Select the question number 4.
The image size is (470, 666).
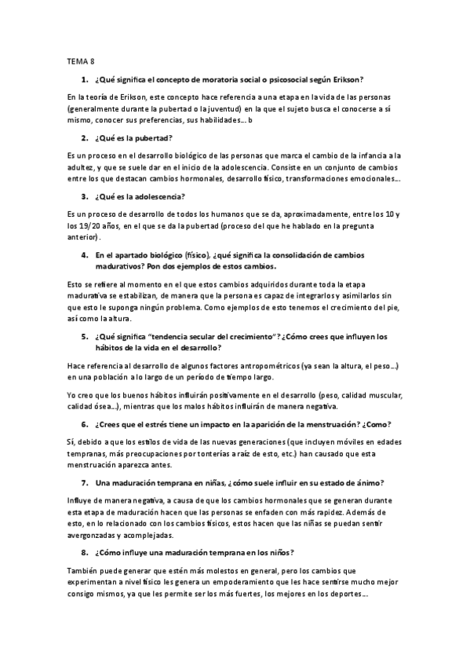pos(84,255)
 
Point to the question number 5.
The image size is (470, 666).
pos(84,338)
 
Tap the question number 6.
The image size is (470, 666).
pos(84,425)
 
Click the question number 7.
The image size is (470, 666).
pos(84,483)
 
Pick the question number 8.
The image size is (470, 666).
pos(84,554)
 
